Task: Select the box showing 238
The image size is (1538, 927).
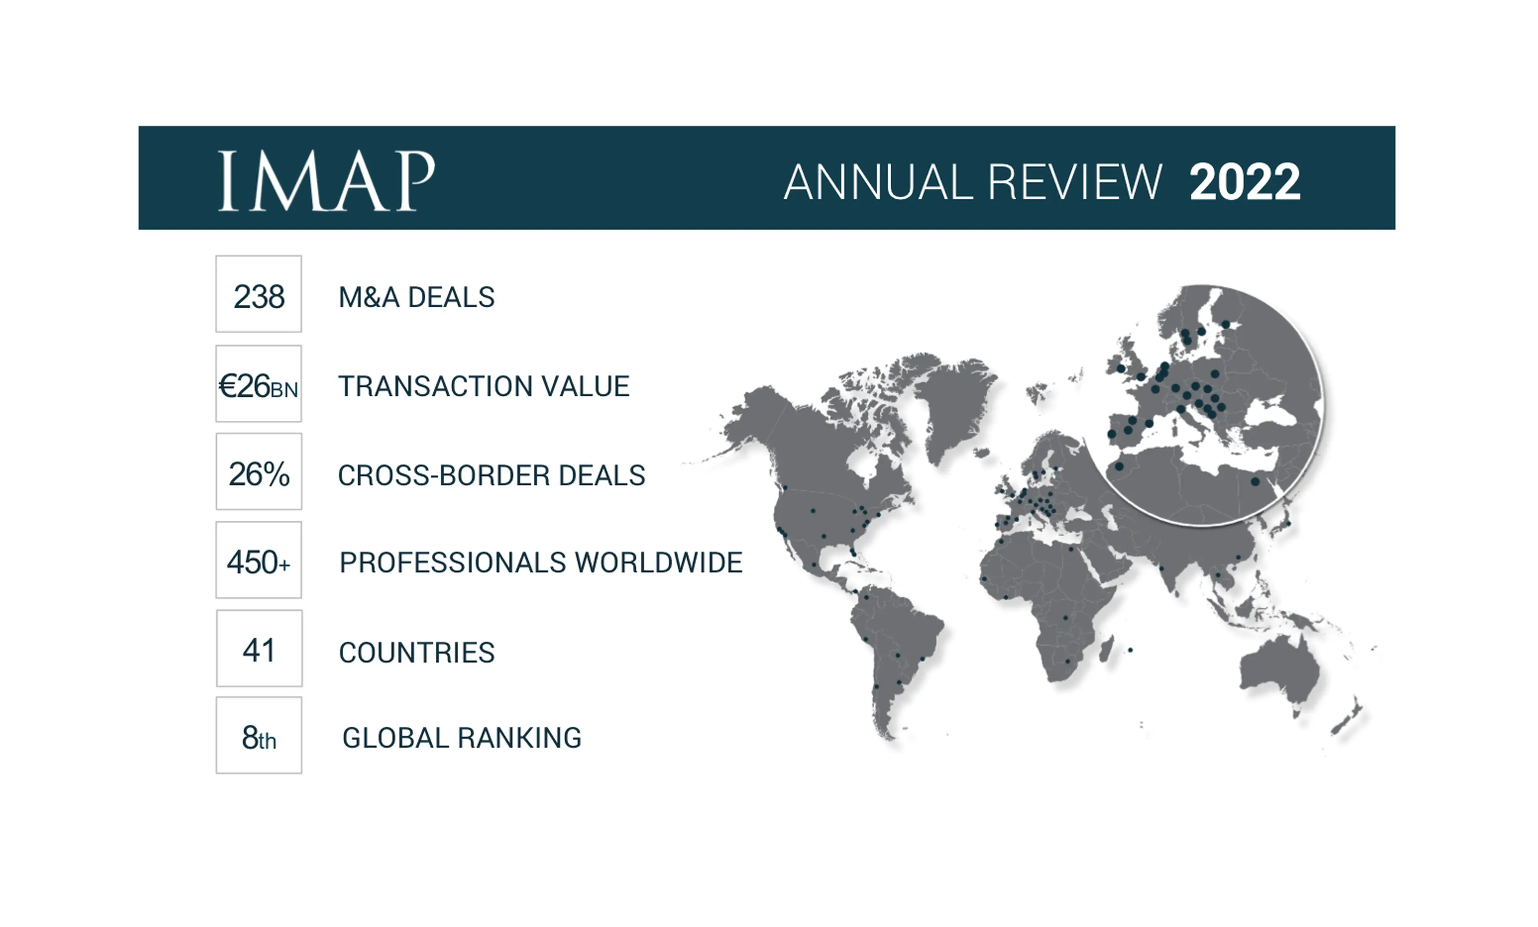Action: click(x=258, y=294)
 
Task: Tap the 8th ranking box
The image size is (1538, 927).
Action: click(x=259, y=736)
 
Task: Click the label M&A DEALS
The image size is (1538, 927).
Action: click(x=416, y=297)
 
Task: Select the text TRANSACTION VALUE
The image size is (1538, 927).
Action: click(x=484, y=386)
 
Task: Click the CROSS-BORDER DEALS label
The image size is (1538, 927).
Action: click(x=491, y=476)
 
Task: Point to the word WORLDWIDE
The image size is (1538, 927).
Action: click(x=658, y=563)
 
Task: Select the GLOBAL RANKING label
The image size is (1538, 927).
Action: click(x=462, y=738)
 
